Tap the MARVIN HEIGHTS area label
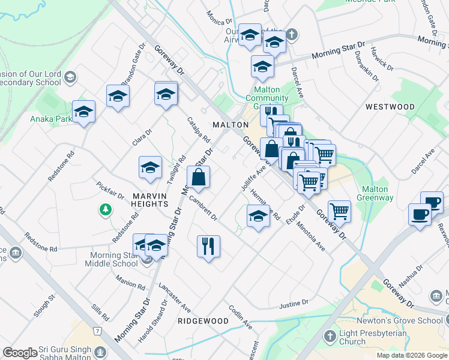[x=141, y=200]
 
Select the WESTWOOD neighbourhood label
[x=390, y=107]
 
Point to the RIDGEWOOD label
[x=203, y=321]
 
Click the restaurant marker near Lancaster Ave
[x=208, y=246]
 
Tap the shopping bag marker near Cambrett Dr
[x=198, y=178]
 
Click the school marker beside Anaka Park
[x=83, y=112]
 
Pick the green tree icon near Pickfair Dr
[x=106, y=209]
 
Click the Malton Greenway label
[x=375, y=193]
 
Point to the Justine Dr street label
[x=294, y=304]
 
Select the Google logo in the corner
[x=20, y=353]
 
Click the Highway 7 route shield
[x=97, y=331]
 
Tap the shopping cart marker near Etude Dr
[x=339, y=211]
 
